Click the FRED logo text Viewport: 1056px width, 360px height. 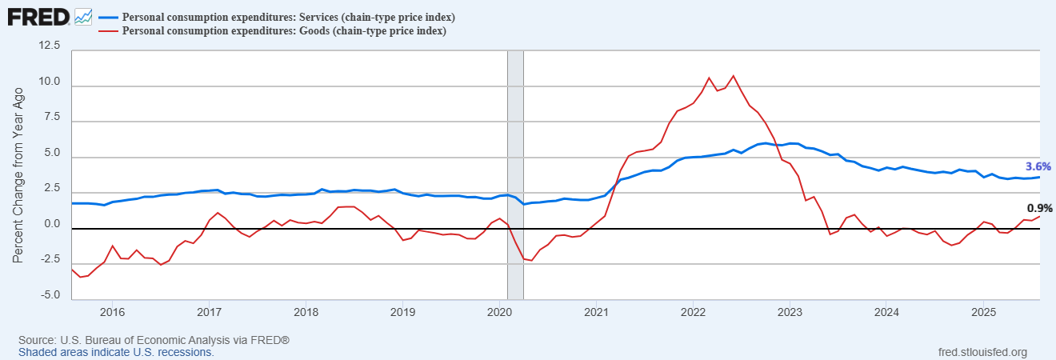[38, 18]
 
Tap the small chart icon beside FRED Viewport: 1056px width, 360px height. [83, 18]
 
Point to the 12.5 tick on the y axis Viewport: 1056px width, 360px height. [50, 46]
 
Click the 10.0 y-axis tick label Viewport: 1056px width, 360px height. [50, 82]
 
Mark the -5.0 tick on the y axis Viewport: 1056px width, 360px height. [50, 295]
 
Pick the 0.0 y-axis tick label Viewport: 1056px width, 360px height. [52, 224]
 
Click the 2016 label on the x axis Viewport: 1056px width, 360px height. [112, 312]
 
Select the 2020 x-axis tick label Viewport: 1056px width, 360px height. [499, 312]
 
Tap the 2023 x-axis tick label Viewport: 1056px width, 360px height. [790, 312]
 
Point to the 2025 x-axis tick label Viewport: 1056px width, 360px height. [984, 312]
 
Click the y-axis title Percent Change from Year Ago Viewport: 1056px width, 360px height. [18, 175]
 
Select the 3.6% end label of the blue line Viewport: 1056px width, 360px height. [1038, 166]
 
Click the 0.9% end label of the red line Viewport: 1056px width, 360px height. [1039, 208]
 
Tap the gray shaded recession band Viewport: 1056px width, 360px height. [515, 175]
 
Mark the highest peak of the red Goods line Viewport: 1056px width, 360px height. [733, 76]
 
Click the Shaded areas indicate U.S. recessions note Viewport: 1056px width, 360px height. [116, 353]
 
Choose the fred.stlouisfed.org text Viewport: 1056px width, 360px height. [982, 353]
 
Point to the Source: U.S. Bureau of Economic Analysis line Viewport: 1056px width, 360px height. [154, 340]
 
